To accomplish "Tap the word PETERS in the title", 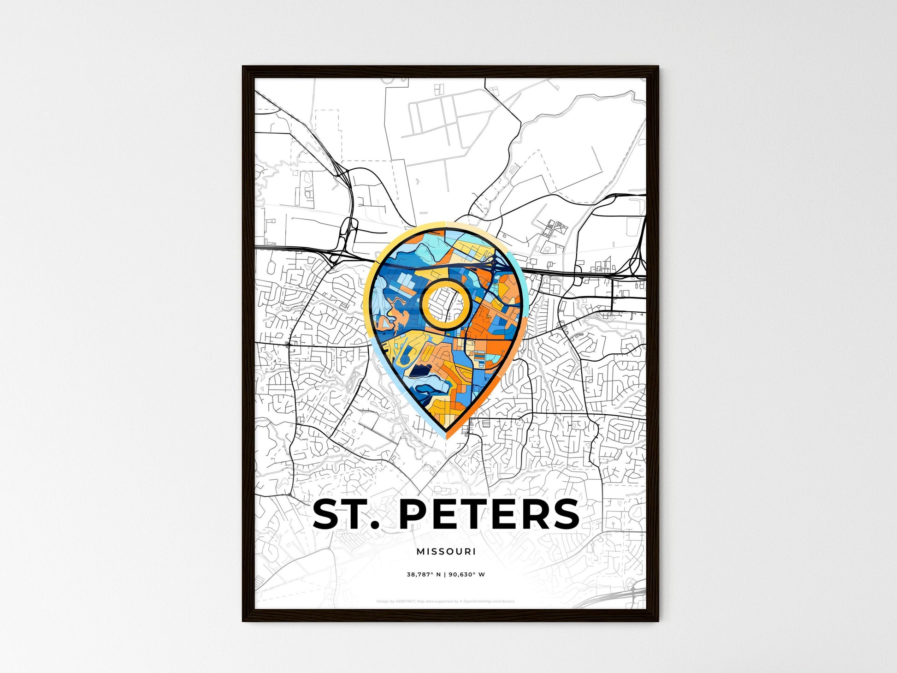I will click(489, 514).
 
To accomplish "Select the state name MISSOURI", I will click(446, 551).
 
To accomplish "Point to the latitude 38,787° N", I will click(424, 575).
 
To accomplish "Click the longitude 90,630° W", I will click(466, 575).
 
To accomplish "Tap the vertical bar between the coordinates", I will click(445, 575).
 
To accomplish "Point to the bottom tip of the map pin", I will click(446, 433).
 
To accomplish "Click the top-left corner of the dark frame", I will click(243, 67).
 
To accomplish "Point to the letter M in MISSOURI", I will click(420, 551).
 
